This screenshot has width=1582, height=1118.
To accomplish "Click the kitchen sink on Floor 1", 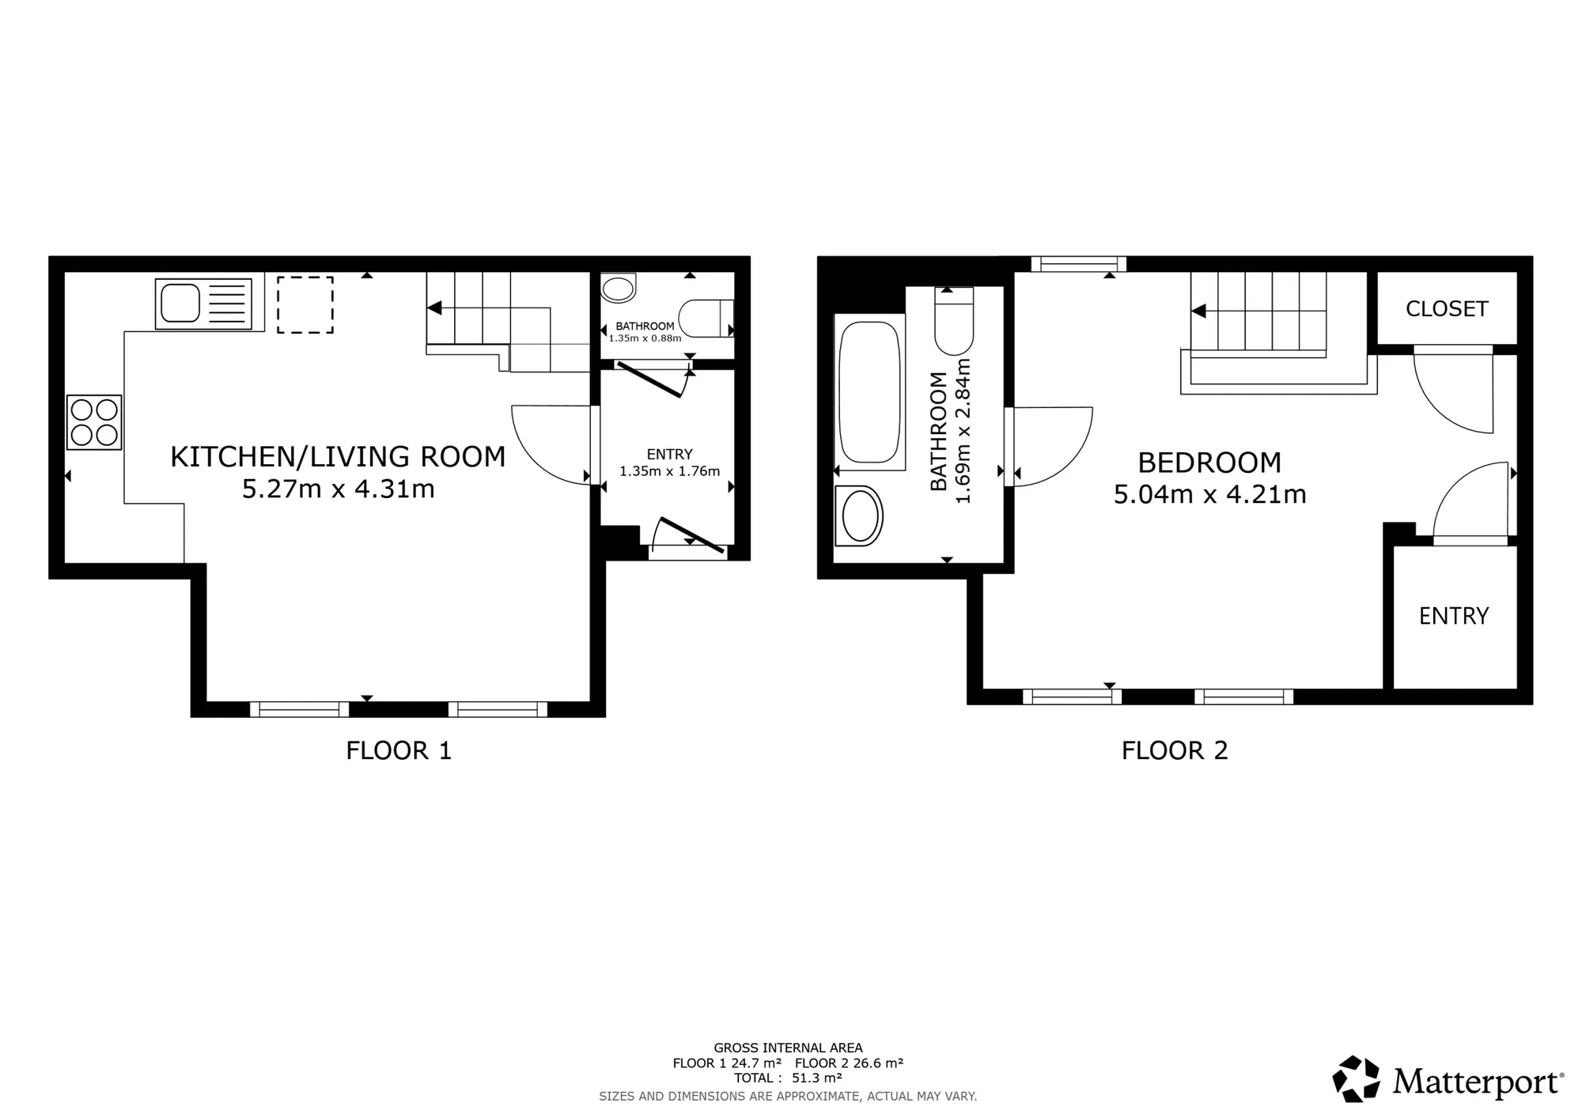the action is pos(203,304).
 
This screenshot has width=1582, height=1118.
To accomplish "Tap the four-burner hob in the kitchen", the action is pos(94,422).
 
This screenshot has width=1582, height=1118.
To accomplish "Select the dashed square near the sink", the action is pos(305,304).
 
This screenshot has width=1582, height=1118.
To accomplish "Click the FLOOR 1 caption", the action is pos(399,750).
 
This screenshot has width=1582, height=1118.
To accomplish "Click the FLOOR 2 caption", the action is pos(1175,750).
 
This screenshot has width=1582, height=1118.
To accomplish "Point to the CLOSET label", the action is pos(1447,308).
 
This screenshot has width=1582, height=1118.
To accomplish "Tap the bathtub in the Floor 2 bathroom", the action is pos(869,392).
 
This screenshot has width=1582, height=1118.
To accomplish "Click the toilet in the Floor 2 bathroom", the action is pos(954,320).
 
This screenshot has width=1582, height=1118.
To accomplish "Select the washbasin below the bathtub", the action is pos(859,516).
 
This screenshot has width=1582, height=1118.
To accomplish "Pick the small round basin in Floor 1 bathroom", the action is pos(619,288).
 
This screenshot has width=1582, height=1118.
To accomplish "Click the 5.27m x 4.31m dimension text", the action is pos(339,489).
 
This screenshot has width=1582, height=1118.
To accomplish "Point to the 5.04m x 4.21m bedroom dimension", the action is pos(1210,494).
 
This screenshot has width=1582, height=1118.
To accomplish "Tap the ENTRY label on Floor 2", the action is pos(1454,616).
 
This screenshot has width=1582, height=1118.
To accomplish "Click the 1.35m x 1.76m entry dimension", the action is pos(670,471).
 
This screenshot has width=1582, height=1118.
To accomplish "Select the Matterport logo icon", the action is pos(1357,1078).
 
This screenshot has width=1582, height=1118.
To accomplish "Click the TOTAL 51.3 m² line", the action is pos(788,1078).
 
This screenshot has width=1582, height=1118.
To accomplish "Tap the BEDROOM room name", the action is pos(1209,463).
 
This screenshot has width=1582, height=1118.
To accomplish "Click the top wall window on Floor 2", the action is pos(1078,263).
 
